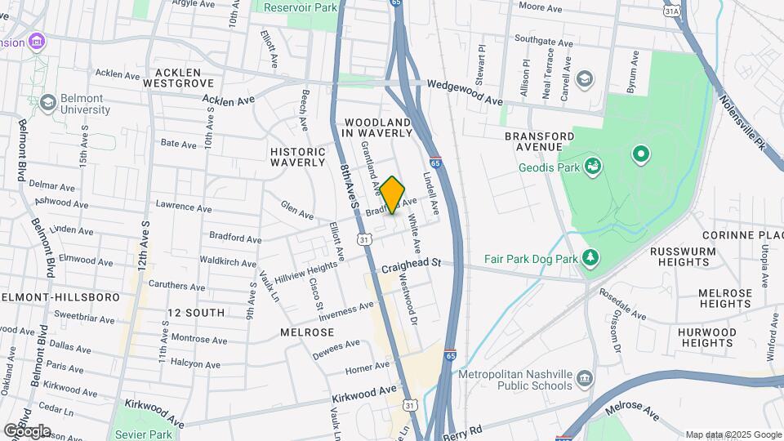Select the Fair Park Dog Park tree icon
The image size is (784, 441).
tap(590, 258)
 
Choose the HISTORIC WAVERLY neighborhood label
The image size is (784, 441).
tap(298, 157)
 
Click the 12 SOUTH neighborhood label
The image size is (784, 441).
tap(195, 313)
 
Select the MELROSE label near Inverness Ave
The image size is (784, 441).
tap(307, 332)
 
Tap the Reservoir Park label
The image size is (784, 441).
tap(300, 7)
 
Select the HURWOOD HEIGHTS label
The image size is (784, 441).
tap(706, 338)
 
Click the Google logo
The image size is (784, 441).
tap(27, 430)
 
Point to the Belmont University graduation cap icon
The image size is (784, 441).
tap(47, 101)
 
